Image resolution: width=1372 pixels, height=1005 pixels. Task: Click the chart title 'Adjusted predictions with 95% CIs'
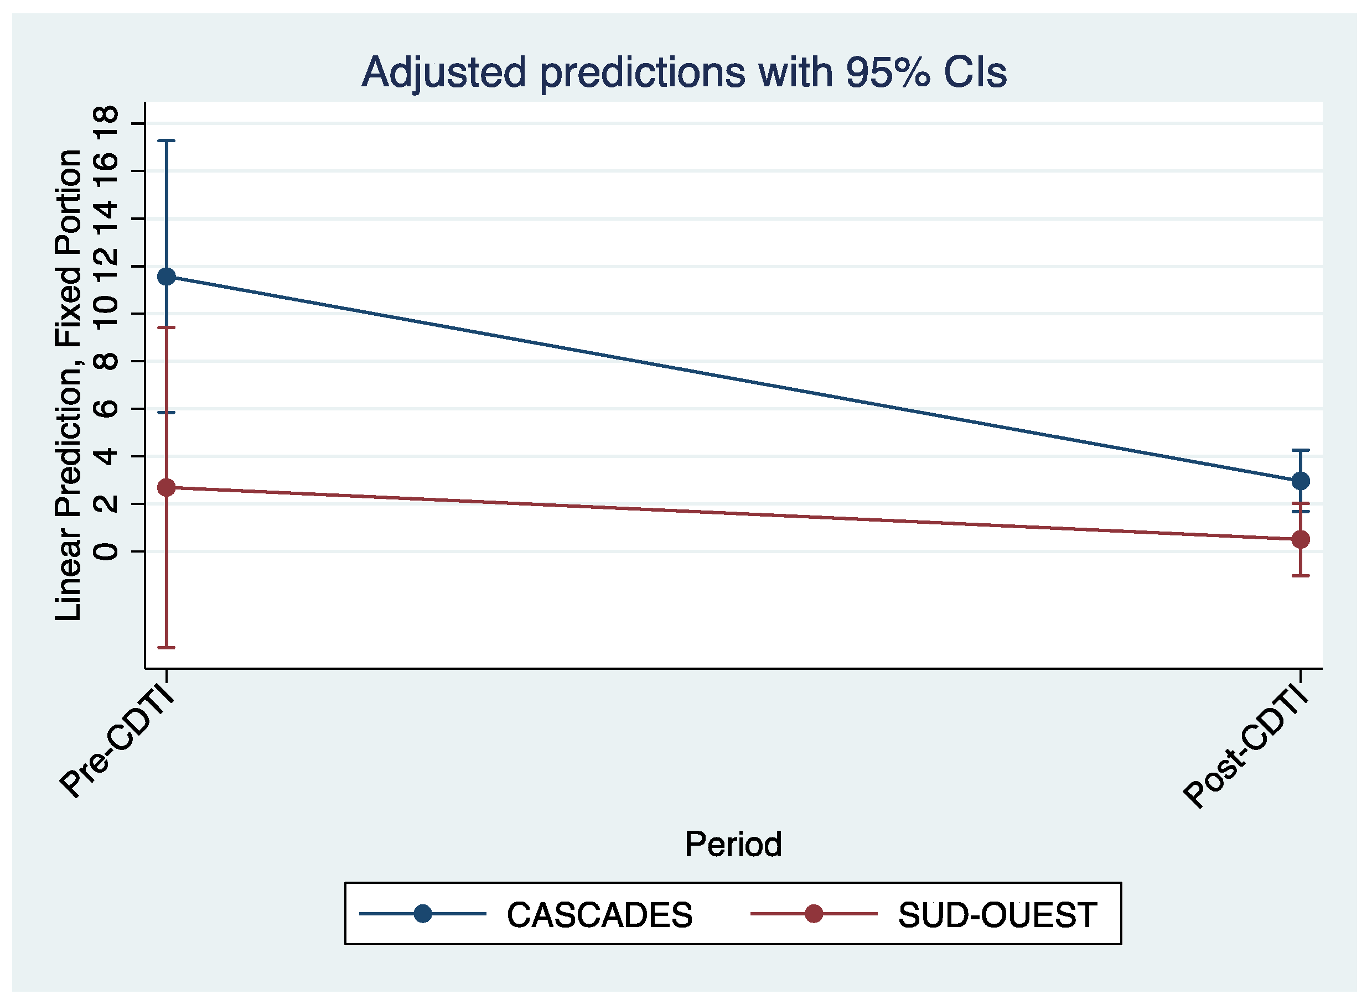pos(684,72)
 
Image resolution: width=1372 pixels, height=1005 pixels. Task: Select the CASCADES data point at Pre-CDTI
pos(167,277)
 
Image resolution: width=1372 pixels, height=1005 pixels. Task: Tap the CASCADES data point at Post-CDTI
pos(1301,481)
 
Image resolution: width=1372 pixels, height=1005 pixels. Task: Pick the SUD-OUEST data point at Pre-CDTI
pos(167,487)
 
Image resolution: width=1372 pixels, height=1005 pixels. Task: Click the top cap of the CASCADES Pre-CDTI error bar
pos(167,140)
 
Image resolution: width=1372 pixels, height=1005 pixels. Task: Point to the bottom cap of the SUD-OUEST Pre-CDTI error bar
pos(167,648)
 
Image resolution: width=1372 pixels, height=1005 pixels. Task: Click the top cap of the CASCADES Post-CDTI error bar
pos(1301,450)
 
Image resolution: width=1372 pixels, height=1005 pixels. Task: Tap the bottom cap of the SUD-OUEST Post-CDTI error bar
pos(1301,575)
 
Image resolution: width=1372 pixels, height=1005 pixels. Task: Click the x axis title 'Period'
pos(733,845)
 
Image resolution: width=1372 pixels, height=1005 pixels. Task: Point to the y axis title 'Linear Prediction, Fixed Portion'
pos(68,385)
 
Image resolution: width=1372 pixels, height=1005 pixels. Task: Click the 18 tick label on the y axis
pos(106,123)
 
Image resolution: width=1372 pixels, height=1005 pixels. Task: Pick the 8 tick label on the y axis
pos(106,361)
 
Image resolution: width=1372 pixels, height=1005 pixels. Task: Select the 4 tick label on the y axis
pos(106,456)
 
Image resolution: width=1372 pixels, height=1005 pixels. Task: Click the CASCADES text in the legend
pos(599,915)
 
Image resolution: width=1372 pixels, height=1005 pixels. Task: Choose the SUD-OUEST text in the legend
pos(998,915)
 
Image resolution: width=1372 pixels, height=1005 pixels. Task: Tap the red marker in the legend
pos(814,914)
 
